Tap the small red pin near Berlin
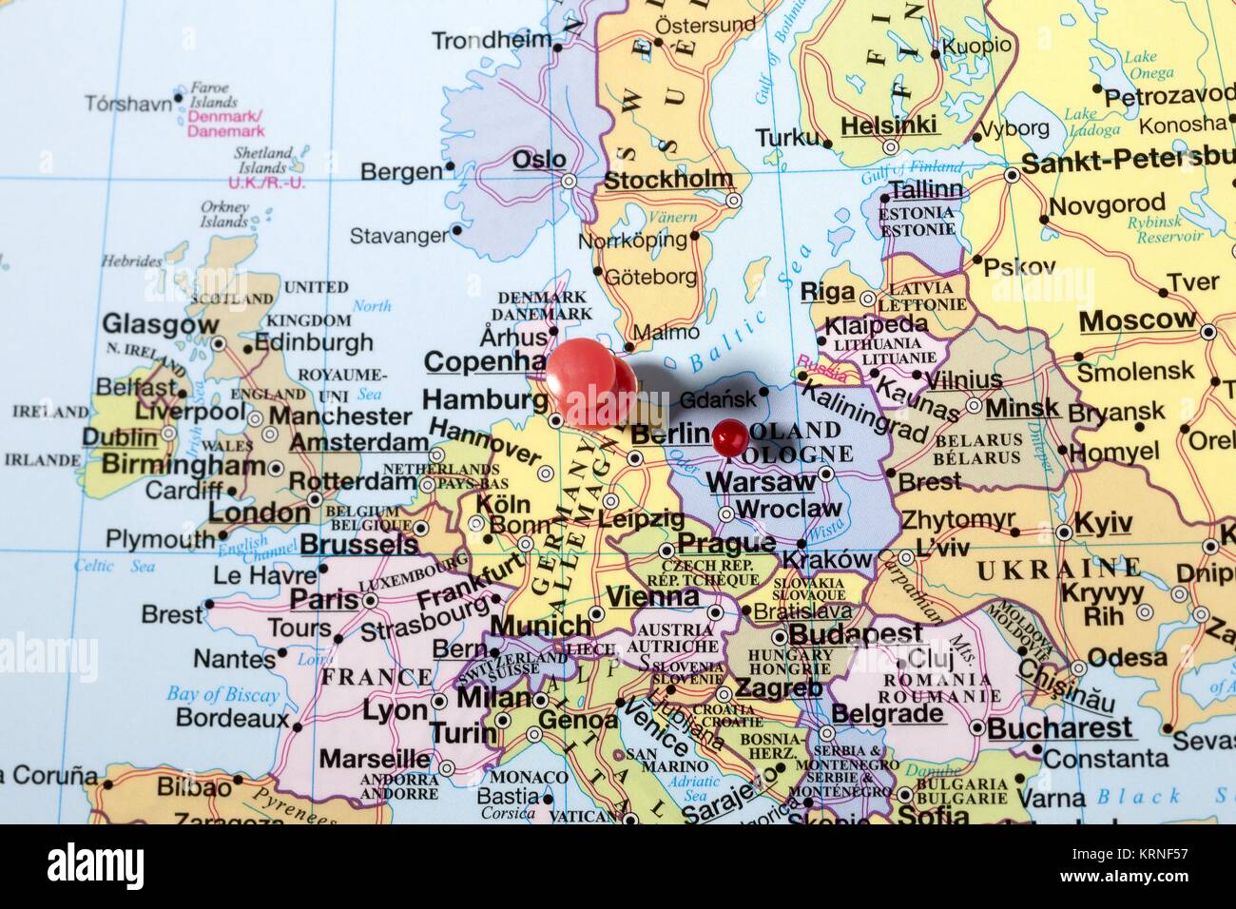(730, 436)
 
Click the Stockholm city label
(668, 180)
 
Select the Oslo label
(539, 159)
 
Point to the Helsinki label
(889, 125)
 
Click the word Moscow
(1137, 320)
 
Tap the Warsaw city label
(761, 481)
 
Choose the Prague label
(727, 544)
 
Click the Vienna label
(652, 597)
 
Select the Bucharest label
(1060, 728)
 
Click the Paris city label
(323, 600)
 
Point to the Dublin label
(119, 437)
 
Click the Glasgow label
(160, 325)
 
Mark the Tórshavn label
(128, 103)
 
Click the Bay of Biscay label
(222, 695)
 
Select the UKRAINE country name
(1058, 570)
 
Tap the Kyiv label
(1103, 523)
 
